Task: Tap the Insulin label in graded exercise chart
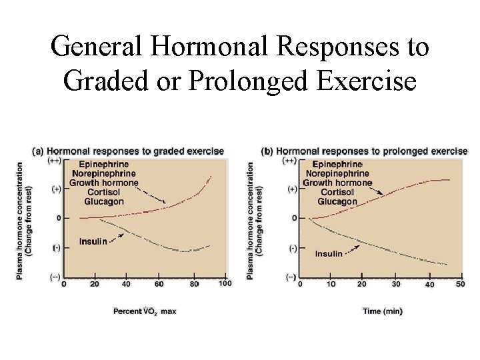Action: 93,241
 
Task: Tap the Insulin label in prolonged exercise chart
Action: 329,253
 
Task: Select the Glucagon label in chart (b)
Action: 337,201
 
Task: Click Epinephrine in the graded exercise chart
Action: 103,164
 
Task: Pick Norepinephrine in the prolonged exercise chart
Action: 339,173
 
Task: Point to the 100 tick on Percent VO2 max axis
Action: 225,284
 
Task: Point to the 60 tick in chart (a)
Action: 159,284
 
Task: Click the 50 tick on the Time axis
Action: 459,284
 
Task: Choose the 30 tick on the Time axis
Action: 396,284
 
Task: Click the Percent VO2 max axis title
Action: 145,311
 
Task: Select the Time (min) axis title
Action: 383,311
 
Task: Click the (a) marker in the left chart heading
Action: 38,151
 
